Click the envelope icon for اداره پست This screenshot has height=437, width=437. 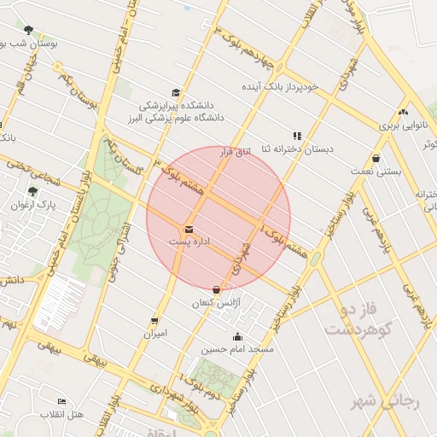[189, 229]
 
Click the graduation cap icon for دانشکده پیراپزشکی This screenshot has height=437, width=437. [176, 93]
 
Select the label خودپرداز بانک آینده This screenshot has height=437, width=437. [279, 87]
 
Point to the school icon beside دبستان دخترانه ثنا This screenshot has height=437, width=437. [297, 136]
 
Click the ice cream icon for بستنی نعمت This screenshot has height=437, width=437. [376, 158]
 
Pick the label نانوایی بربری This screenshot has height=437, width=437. [401, 125]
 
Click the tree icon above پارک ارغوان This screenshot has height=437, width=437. [32, 192]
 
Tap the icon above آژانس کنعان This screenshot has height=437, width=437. [225, 289]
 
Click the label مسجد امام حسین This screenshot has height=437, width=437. [237, 349]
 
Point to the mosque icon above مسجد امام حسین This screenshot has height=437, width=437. [237, 336]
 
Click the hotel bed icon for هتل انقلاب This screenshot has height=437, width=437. [61, 401]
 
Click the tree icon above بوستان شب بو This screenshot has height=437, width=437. [29, 30]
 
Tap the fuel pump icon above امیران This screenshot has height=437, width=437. [154, 321]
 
